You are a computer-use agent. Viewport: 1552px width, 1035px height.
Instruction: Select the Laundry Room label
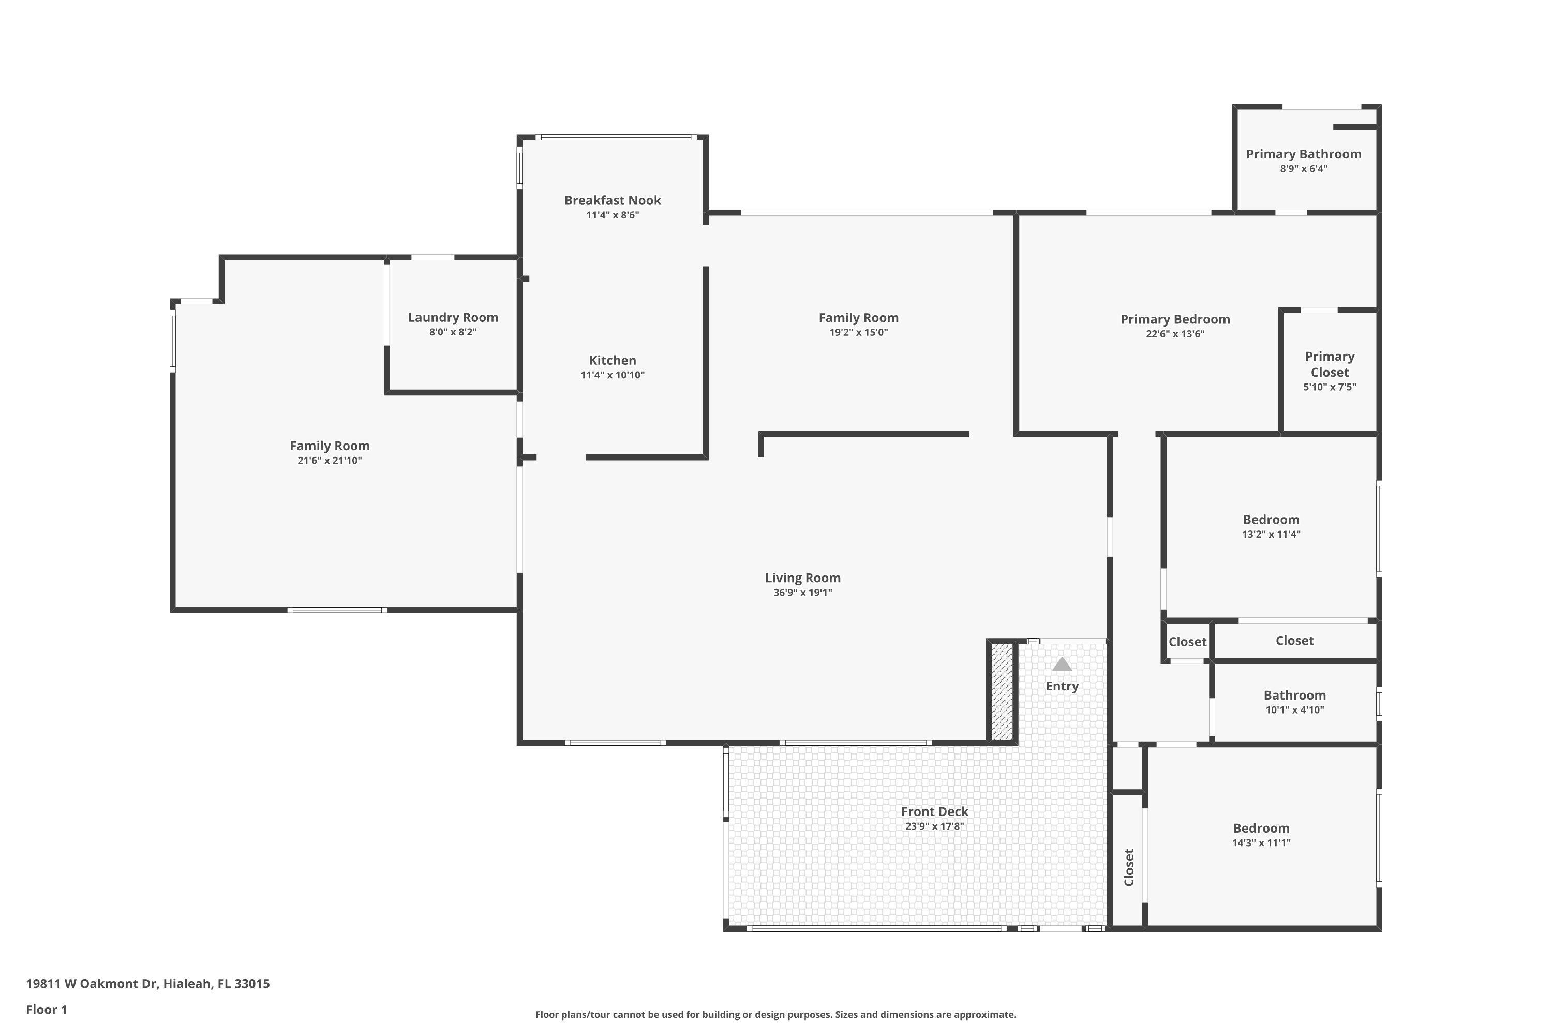point(453,318)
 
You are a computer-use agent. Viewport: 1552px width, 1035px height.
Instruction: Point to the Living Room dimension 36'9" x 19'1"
point(802,593)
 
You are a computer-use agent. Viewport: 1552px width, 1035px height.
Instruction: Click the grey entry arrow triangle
point(1061,664)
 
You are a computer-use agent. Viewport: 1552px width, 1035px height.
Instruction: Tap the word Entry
point(1061,686)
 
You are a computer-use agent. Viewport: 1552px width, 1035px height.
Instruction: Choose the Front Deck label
point(934,811)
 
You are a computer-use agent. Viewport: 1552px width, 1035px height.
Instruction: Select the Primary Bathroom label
point(1303,154)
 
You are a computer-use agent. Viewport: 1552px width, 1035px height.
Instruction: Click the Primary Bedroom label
point(1174,319)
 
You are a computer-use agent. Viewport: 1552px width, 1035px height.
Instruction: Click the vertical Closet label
point(1128,867)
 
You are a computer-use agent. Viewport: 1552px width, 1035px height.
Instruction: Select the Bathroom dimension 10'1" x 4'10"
point(1294,710)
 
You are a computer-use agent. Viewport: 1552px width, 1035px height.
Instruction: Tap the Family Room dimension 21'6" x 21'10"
point(329,461)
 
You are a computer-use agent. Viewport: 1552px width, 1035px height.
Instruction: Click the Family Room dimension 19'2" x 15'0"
point(858,333)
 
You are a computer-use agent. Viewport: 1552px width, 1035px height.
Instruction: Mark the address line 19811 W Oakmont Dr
point(148,984)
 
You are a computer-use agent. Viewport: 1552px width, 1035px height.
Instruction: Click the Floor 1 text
point(46,1009)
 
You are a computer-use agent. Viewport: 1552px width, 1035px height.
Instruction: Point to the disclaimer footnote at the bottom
point(775,1014)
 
